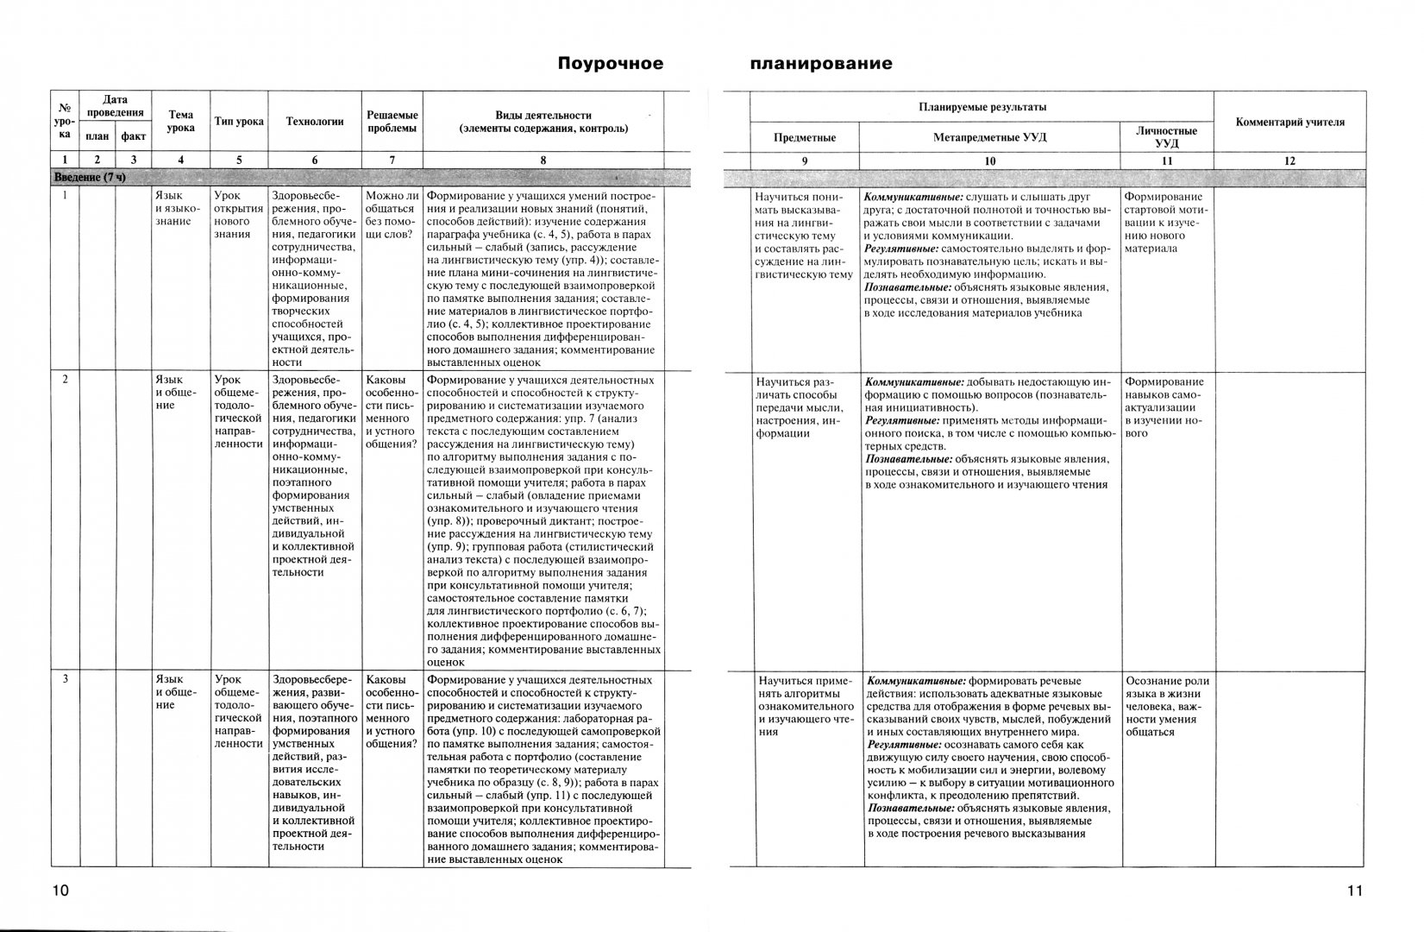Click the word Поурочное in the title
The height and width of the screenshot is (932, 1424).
[610, 64]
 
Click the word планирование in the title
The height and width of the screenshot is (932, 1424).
[820, 64]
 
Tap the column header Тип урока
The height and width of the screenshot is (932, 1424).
[239, 122]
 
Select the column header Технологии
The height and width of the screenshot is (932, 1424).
[315, 122]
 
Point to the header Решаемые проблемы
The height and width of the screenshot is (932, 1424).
[392, 122]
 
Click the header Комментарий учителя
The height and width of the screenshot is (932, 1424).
[1289, 123]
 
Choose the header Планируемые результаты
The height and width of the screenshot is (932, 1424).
[982, 107]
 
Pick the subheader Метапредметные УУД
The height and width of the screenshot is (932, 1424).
[989, 137]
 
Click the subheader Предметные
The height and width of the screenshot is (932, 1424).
[804, 137]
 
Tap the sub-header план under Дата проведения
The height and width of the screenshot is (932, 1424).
[97, 136]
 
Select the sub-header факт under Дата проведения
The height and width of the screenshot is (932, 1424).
[133, 136]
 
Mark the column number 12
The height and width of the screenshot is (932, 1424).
[1289, 161]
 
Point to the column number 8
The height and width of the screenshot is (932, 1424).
[543, 160]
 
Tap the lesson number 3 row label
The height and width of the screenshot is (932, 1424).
[65, 679]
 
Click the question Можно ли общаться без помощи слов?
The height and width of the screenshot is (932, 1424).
[392, 216]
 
